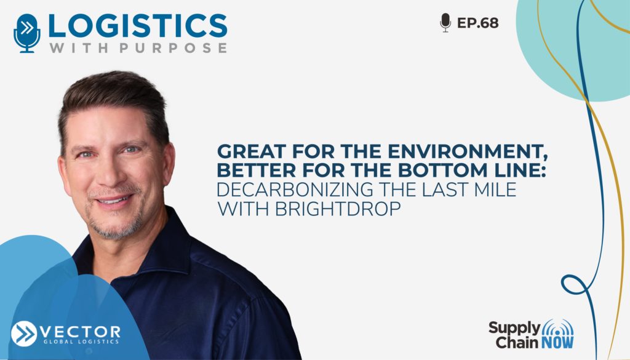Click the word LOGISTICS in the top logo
137,26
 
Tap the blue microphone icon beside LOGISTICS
27,33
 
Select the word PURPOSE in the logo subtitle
173,48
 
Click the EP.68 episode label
477,23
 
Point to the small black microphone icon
445,23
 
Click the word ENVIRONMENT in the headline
468,152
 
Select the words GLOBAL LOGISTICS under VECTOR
81,342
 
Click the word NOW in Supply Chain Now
557,343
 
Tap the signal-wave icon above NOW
557,327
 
